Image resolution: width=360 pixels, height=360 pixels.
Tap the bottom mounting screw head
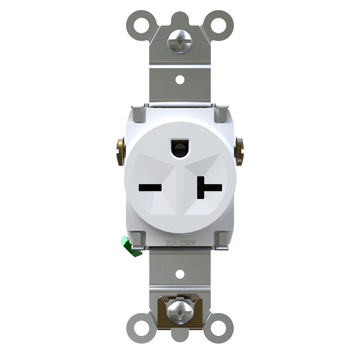(x=180, y=311)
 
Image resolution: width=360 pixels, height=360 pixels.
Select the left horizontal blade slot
(x=150, y=187)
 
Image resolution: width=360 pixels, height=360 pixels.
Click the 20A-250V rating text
(x=180, y=242)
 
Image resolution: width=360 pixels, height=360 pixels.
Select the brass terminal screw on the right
(x=239, y=151)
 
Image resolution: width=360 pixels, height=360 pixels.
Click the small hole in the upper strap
(x=180, y=79)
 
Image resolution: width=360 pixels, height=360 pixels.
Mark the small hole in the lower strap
(x=180, y=274)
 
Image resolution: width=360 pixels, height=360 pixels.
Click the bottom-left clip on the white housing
(x=138, y=239)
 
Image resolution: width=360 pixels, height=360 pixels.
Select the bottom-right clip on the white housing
(x=222, y=239)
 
